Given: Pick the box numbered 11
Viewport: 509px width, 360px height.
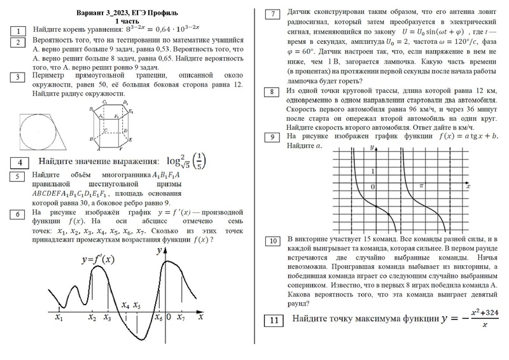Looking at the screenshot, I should click(x=272, y=320).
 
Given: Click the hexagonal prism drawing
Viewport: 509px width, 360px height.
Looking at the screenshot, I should click(x=113, y=125).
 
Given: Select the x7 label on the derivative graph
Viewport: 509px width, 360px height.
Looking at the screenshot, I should click(x=181, y=316).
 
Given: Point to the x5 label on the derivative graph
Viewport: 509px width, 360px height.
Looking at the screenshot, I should click(x=137, y=306).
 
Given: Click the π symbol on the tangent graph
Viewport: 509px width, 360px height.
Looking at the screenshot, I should click(x=421, y=184).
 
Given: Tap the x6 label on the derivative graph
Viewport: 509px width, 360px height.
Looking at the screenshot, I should click(x=159, y=317).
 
